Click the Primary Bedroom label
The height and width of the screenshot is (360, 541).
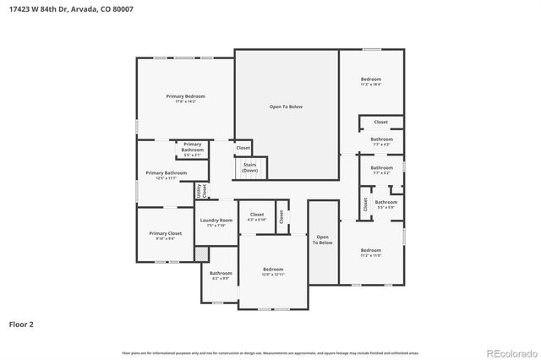pyautogui.click(x=185, y=97)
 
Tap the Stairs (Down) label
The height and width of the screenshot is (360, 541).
pyautogui.click(x=249, y=167)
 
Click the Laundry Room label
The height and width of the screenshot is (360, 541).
pyautogui.click(x=216, y=222)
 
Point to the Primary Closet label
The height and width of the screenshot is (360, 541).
pyautogui.click(x=165, y=235)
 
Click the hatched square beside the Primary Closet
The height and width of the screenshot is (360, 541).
pyautogui.click(x=201, y=253)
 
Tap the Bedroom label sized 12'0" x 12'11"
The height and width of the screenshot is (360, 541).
pyautogui.click(x=272, y=271)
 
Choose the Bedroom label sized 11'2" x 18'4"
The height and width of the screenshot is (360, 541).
pyautogui.click(x=371, y=81)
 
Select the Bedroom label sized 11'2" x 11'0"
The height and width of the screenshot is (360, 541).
pyautogui.click(x=371, y=251)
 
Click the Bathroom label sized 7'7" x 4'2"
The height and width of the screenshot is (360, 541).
pyautogui.click(x=381, y=141)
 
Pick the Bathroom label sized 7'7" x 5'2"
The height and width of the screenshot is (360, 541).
pyautogui.click(x=381, y=170)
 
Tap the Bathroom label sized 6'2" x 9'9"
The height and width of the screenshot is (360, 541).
pyautogui.click(x=221, y=275)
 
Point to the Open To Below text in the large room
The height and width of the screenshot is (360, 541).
pyautogui.click(x=286, y=106)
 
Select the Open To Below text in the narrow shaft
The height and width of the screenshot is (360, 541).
pyautogui.click(x=322, y=239)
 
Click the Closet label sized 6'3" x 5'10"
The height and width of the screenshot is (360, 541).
pyautogui.click(x=256, y=216)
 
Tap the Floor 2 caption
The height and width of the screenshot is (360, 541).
pyautogui.click(x=21, y=324)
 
